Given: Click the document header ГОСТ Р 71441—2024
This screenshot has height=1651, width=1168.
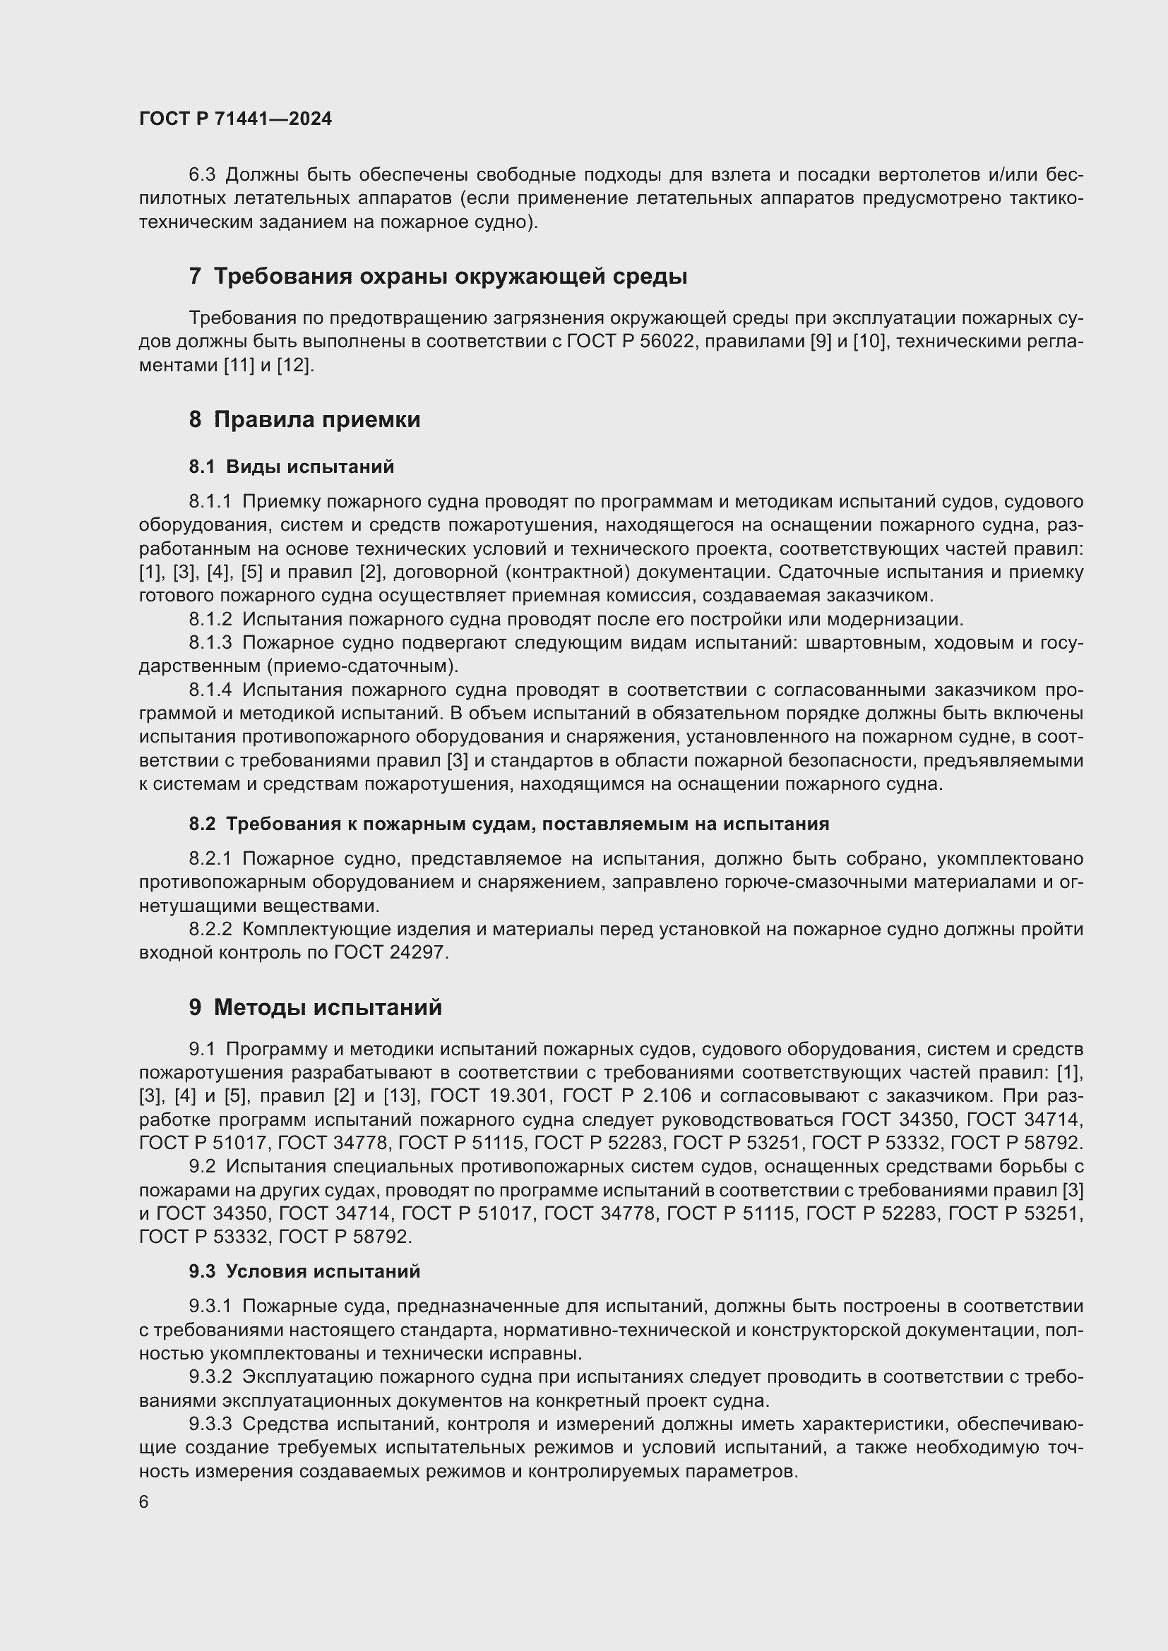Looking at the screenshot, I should pyautogui.click(x=235, y=119).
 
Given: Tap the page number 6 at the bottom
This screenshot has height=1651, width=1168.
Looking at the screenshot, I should pyautogui.click(x=144, y=1502).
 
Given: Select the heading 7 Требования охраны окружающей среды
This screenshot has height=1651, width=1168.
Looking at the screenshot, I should pyautogui.click(x=438, y=276).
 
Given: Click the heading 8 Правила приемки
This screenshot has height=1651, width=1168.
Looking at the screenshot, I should pyautogui.click(x=304, y=419).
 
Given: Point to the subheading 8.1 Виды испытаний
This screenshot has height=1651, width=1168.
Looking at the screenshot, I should pyautogui.click(x=291, y=467).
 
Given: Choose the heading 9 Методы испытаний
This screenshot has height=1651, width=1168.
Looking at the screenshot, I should pyautogui.click(x=315, y=1007).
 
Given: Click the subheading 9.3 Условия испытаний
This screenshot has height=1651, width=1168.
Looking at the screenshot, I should pyautogui.click(x=304, y=1271).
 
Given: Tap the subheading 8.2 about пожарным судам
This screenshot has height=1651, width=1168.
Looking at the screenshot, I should pyautogui.click(x=508, y=824).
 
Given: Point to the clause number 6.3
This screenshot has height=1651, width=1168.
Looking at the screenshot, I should pyautogui.click(x=201, y=175).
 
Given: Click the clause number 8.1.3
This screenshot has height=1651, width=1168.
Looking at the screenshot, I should pyautogui.click(x=210, y=643).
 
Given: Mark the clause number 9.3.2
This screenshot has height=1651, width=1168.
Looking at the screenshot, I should pyautogui.click(x=210, y=1377).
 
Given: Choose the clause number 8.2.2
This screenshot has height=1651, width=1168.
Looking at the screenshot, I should pyautogui.click(x=210, y=930).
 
